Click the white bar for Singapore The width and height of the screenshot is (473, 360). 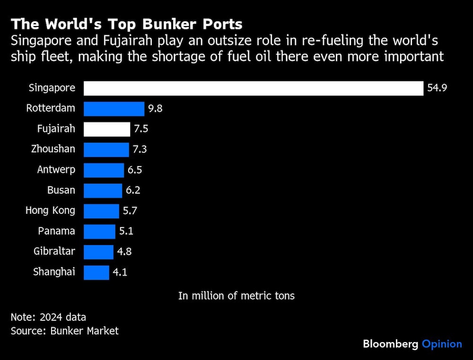[x=253, y=88]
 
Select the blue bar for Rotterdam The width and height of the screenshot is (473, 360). [x=114, y=109]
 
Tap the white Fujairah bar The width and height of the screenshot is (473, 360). [x=106, y=129]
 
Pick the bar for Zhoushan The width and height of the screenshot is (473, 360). [x=106, y=149]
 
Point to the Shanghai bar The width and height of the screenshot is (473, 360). [x=96, y=272]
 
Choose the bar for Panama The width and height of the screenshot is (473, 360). [x=99, y=231]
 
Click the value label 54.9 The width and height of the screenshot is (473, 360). [x=437, y=88]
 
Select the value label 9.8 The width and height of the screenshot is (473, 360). [x=155, y=109]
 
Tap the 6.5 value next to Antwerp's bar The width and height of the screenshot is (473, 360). [x=135, y=170]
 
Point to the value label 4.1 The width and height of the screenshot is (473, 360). [x=120, y=272]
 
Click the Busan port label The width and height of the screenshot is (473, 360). [x=61, y=190]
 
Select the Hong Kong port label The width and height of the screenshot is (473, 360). [x=50, y=211]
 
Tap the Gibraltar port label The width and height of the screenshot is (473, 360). [x=54, y=251]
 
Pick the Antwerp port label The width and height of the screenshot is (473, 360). [x=56, y=170]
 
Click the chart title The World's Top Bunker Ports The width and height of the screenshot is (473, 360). [x=127, y=24]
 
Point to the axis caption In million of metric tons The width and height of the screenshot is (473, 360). [x=236, y=296]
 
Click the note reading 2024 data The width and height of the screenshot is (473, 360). [x=48, y=317]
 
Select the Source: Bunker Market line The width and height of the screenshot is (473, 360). [x=65, y=331]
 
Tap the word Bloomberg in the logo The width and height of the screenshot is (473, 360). [x=390, y=344]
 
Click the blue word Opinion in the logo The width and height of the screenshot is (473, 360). [x=441, y=344]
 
